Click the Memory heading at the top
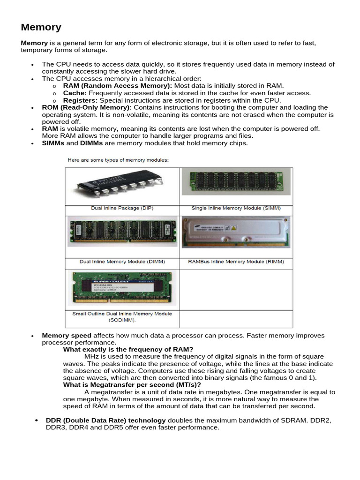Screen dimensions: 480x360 41,28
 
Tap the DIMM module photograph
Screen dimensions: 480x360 122,232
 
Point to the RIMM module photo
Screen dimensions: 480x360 236,232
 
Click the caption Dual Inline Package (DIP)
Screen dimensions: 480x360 122,208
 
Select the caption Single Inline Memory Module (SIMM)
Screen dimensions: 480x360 236,208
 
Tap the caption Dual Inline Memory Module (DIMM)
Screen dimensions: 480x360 122,262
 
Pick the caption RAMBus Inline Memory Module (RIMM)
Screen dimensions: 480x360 236,262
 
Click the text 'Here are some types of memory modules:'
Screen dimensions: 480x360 118,160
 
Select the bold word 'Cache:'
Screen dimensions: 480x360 75,93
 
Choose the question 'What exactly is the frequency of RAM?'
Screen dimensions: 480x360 128,349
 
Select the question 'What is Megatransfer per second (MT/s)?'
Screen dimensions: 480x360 132,385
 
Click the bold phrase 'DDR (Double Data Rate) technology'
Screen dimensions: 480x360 105,420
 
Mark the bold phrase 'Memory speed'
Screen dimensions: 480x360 67,336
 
